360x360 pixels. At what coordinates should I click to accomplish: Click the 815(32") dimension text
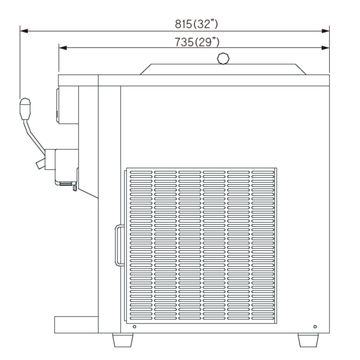[x=196, y=24]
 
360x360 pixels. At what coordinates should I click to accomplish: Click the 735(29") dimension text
[x=197, y=42]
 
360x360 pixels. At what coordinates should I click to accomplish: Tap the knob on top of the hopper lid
[x=223, y=59]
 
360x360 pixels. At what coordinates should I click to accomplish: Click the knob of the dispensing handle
[x=25, y=109]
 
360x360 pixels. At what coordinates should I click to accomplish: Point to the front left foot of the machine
[x=123, y=340]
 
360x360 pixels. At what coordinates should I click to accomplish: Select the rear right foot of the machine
[x=308, y=340]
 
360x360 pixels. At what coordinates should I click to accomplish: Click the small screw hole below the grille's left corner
[x=135, y=327]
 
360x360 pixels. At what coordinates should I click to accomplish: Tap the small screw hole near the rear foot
[x=315, y=327]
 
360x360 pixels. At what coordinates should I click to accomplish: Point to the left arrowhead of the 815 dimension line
[x=24, y=31]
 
